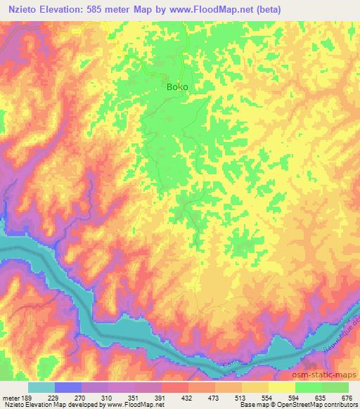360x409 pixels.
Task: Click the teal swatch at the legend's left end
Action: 41,387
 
